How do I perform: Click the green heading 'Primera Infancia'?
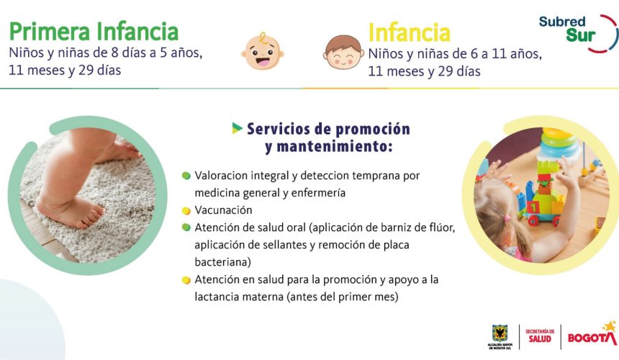coord(94,32)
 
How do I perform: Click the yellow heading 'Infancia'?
coord(409,32)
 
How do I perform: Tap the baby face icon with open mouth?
coord(263,51)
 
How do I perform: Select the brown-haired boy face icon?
coord(343,52)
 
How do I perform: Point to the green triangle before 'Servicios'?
coord(237,128)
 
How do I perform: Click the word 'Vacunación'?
coord(223,210)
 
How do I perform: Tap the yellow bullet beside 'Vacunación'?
coord(186,211)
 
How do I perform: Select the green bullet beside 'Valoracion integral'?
coord(186,176)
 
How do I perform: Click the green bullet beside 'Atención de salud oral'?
coord(186,228)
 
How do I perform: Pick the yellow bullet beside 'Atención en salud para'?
coord(186,280)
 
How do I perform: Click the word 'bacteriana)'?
coord(222,261)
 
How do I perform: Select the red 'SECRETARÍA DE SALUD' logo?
coord(540,336)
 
